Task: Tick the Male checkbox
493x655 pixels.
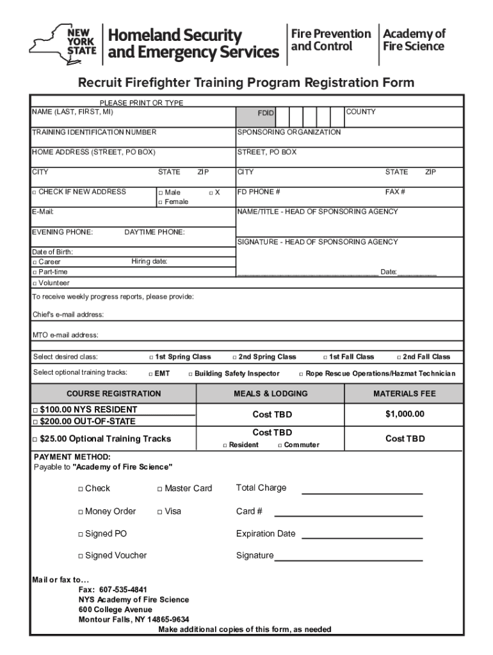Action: pyautogui.click(x=160, y=193)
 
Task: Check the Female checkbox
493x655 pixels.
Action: pyautogui.click(x=160, y=202)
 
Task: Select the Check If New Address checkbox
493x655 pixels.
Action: pyautogui.click(x=34, y=192)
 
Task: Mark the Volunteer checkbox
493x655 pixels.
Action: pyautogui.click(x=34, y=283)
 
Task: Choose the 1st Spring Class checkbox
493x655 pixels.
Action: pyautogui.click(x=152, y=358)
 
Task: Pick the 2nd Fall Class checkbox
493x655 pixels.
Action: pyautogui.click(x=399, y=358)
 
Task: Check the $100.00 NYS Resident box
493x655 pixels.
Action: pyautogui.click(x=35, y=410)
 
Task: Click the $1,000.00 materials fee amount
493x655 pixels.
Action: pyautogui.click(x=405, y=414)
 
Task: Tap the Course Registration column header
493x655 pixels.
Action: pyautogui.click(x=114, y=394)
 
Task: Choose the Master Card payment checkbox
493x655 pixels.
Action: pyautogui.click(x=160, y=489)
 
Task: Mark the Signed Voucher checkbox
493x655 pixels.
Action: pyautogui.click(x=81, y=556)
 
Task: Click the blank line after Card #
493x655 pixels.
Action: pyautogui.click(x=348, y=512)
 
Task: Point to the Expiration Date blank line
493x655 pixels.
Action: pyautogui.click(x=362, y=534)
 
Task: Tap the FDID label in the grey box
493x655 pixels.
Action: pyautogui.click(x=266, y=113)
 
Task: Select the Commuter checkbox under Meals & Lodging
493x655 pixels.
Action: pyautogui.click(x=280, y=445)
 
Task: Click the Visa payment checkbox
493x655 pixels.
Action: pyautogui.click(x=160, y=512)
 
